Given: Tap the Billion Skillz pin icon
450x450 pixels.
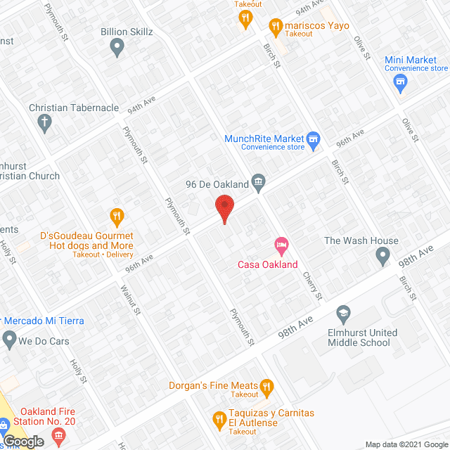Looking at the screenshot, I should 117,47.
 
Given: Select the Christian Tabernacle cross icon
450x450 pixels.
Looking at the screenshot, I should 46,124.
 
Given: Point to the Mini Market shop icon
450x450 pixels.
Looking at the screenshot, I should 401,84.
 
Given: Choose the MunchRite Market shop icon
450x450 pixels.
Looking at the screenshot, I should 314,139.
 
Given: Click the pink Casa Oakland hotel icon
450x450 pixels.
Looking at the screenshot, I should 281,247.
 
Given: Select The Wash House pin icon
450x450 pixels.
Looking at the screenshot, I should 382,256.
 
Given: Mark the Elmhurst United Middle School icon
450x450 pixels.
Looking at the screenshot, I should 344,313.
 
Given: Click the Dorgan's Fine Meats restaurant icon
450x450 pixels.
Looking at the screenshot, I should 266,385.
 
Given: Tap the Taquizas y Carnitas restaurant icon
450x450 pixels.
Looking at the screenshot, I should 218,419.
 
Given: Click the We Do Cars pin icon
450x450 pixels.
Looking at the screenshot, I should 9,340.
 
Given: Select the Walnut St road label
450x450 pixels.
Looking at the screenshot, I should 131,299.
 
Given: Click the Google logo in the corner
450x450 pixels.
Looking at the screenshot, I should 22,442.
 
